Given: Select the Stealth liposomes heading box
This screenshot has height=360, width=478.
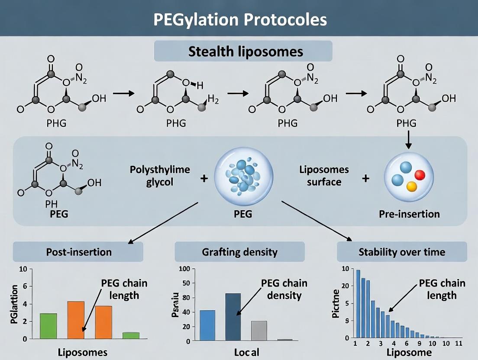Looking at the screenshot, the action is [243, 51].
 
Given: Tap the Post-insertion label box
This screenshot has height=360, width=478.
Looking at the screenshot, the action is [78, 252].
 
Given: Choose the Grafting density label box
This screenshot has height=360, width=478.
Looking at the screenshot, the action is [239, 252].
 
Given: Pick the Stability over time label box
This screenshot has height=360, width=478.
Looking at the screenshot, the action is [401, 252].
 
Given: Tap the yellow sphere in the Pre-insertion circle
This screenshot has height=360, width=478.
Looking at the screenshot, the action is [412, 186].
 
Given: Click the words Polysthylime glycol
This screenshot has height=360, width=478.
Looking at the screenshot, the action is [160, 176].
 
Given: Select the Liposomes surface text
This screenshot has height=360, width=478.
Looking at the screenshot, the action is [324, 176].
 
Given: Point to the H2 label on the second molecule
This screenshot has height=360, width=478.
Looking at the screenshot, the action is [213, 100].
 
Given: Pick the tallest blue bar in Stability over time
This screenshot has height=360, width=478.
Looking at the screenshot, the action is [358, 303].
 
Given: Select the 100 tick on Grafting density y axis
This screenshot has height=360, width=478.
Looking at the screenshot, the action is [184, 269].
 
